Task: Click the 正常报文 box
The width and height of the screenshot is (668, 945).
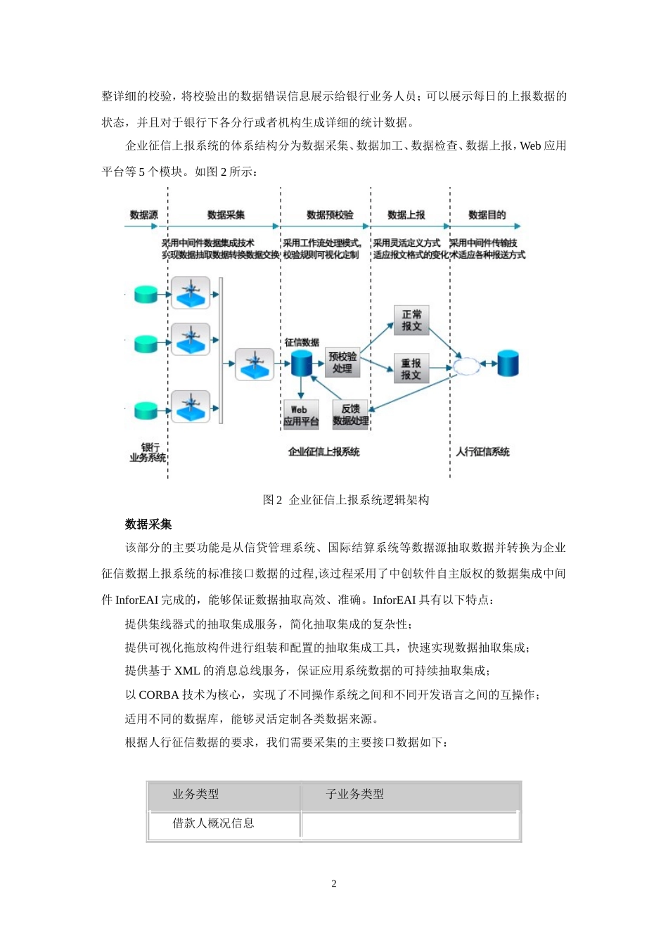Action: click(x=411, y=321)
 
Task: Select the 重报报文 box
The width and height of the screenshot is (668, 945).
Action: click(x=411, y=368)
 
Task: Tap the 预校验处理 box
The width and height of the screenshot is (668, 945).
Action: click(x=342, y=362)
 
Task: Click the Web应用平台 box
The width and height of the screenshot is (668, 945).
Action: click(x=301, y=415)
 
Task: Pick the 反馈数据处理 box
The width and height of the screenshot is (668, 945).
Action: click(x=351, y=415)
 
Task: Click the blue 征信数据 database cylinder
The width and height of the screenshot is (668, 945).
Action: click(x=301, y=364)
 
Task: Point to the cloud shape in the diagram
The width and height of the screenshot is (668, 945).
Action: click(x=465, y=366)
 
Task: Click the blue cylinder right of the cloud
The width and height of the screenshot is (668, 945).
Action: click(x=508, y=364)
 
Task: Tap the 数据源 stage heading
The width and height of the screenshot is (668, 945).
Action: click(x=143, y=215)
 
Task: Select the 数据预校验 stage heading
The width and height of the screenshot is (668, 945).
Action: click(x=330, y=215)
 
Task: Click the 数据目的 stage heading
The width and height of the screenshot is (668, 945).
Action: click(x=487, y=215)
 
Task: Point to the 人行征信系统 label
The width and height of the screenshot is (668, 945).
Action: click(x=482, y=451)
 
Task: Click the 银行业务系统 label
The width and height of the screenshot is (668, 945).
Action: click(x=148, y=452)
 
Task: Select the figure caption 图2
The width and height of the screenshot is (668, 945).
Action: click(x=272, y=500)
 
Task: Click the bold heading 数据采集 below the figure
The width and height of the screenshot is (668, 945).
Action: click(x=148, y=525)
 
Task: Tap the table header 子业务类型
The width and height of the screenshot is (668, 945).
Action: click(x=354, y=795)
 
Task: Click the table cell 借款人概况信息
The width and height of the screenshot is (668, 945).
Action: click(x=214, y=823)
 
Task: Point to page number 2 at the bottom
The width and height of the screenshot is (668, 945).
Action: click(x=334, y=884)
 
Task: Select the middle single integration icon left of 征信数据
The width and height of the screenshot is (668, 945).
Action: click(x=254, y=364)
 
